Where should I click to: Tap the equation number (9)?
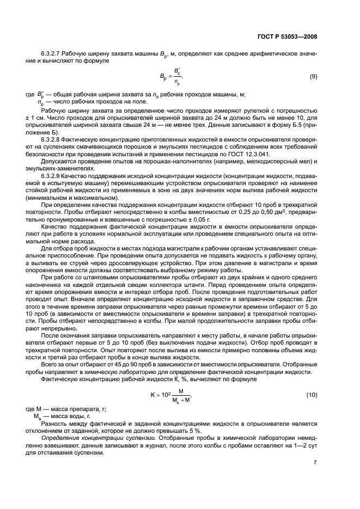click(313, 77)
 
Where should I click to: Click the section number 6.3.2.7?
click(52, 54)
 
